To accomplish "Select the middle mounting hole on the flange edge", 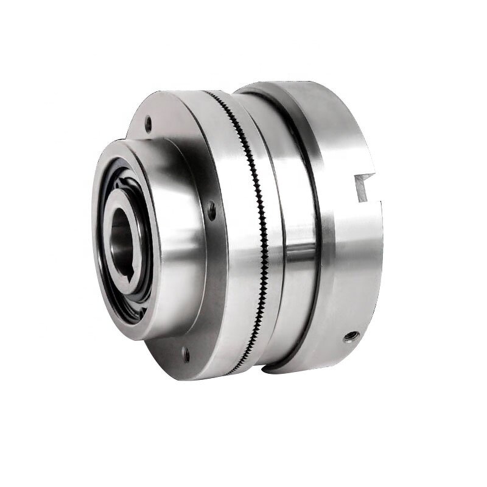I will click(x=212, y=211).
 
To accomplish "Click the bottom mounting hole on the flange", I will click(x=183, y=351).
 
